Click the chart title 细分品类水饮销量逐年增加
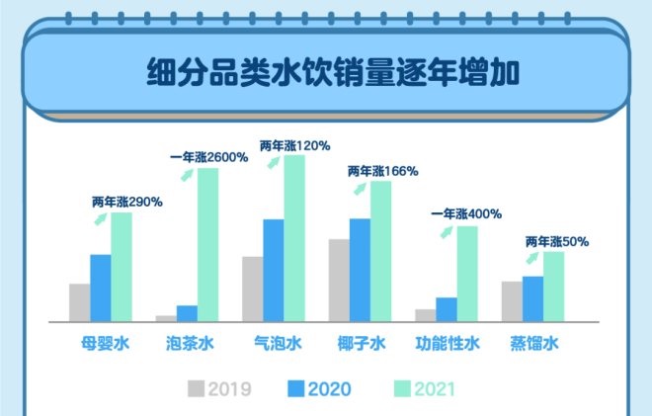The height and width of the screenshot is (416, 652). [325, 74]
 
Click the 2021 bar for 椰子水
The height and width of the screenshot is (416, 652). [380, 251]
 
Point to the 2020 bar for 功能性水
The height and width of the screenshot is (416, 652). [446, 308]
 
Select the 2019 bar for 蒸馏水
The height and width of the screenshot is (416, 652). [512, 300]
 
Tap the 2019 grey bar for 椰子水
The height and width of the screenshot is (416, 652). [339, 280]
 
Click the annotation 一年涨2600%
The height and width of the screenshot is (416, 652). [208, 156]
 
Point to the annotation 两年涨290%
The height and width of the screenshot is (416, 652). [127, 201]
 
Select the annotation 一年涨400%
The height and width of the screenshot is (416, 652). [468, 213]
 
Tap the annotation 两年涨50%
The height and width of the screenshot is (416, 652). [557, 240]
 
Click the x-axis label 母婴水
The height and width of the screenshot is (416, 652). [106, 345]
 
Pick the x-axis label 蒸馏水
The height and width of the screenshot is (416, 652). [534, 345]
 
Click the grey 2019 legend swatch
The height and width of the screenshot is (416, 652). [196, 387]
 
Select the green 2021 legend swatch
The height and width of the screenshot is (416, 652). [402, 387]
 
